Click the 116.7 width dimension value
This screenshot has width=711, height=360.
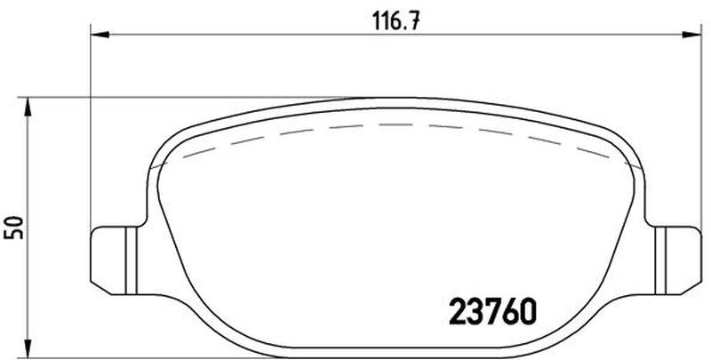point(396,21)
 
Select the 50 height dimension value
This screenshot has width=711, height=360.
point(13,228)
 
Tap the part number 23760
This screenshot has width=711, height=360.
point(492,311)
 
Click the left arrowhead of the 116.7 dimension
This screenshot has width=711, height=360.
point(100,35)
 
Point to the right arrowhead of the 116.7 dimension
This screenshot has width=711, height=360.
point(692,35)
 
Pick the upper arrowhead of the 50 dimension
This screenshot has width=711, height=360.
point(28,107)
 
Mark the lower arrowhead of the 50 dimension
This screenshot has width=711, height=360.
point(28,348)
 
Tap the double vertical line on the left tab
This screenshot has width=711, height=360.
point(131,260)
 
